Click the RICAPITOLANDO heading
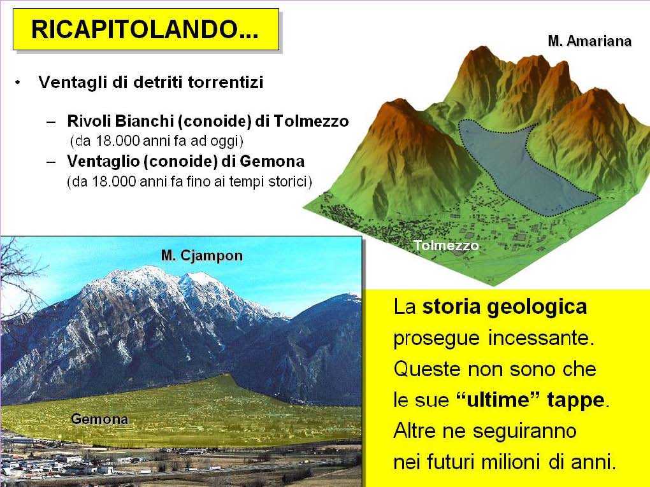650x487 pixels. (145, 29)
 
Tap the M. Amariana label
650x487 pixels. (589, 41)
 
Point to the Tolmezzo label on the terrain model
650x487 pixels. (446, 246)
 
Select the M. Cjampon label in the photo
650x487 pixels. (202, 255)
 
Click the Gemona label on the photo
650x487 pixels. (99, 419)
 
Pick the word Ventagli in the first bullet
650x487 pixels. (72, 82)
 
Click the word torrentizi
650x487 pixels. (226, 82)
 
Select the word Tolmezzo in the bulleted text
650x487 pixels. (311, 121)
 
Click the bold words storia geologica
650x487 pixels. (504, 307)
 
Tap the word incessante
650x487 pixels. (542, 338)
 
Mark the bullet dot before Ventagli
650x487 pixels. (17, 82)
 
